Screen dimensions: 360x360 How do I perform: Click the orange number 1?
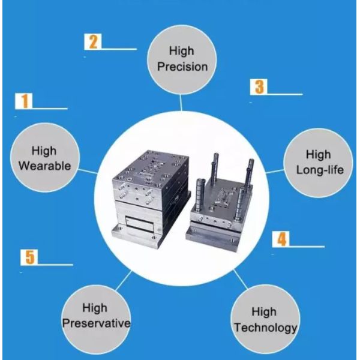(25, 101)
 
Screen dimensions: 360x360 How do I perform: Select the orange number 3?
(259, 86)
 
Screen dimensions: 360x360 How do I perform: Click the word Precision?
(182, 66)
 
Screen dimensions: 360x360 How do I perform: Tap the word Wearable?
(45, 166)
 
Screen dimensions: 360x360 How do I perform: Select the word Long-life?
(320, 170)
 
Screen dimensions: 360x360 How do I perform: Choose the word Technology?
(265, 328)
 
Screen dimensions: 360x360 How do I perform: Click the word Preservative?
(96, 323)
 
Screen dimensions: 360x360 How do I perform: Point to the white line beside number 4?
(307, 247)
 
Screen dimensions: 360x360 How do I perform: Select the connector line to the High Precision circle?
(181, 103)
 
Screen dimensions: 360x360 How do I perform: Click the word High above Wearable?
(44, 151)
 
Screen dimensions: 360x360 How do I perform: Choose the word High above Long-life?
(319, 155)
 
